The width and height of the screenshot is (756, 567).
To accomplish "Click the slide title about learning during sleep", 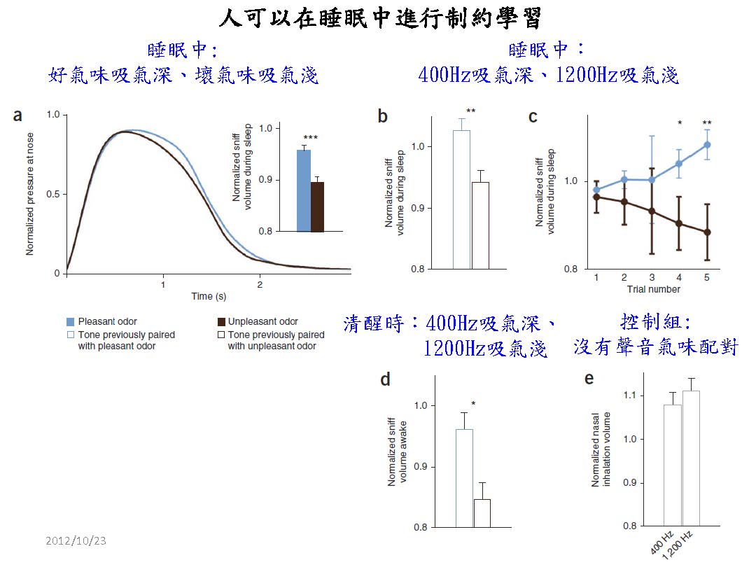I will click(379, 17).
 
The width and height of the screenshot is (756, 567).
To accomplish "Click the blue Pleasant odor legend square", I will click(70, 321).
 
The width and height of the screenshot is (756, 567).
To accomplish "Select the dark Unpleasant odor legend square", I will click(220, 321).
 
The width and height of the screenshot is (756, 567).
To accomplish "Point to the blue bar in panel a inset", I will click(304, 190).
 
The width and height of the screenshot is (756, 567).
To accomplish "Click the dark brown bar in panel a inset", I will click(317, 206).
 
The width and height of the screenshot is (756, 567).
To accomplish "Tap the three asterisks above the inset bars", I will click(310, 138).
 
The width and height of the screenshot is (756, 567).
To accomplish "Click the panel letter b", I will click(383, 117).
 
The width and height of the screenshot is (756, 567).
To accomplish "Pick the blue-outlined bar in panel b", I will click(461, 199).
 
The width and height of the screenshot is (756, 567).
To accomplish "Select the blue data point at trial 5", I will click(707, 145).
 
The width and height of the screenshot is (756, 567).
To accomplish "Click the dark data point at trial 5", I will click(707, 232).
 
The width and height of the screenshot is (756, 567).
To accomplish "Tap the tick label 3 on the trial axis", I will click(652, 278).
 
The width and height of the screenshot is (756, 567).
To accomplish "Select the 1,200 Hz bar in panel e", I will click(691, 458).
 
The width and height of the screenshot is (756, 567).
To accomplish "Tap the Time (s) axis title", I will click(209, 296).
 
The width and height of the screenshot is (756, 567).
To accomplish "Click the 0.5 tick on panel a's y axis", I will click(52, 194).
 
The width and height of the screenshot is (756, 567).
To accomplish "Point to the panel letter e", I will click(589, 379).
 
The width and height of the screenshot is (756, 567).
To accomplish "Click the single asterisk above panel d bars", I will click(474, 404).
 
